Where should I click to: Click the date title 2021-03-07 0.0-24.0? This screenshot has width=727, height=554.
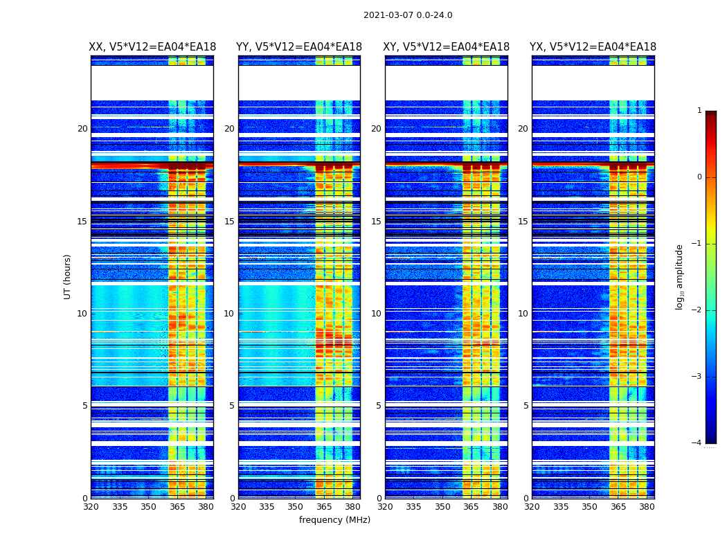pyautogui.click(x=408, y=15)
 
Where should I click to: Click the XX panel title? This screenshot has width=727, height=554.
pyautogui.click(x=152, y=47)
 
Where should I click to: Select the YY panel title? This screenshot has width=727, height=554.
pyautogui.click(x=299, y=47)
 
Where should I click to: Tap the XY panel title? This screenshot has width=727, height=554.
pyautogui.click(x=447, y=47)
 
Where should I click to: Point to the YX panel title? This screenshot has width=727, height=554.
pyautogui.click(x=593, y=47)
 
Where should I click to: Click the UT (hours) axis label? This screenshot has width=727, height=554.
pyautogui.click(x=68, y=276)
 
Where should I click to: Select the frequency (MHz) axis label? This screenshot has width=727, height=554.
pyautogui.click(x=334, y=520)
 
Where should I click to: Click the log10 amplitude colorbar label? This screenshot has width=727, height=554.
pyautogui.click(x=680, y=276)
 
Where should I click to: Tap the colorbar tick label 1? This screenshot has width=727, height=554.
pyautogui.click(x=699, y=111)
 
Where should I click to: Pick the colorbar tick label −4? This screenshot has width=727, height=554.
pyautogui.click(x=697, y=443)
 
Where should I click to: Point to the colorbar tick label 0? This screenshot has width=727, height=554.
pyautogui.click(x=699, y=177)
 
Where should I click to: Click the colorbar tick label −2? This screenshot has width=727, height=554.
pyautogui.click(x=697, y=310)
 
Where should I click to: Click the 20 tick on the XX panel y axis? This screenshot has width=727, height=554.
pyautogui.click(x=82, y=129)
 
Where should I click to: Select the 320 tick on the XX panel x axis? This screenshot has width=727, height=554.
pyautogui.click(x=91, y=507)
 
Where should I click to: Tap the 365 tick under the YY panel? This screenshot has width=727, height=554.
pyautogui.click(x=324, y=507)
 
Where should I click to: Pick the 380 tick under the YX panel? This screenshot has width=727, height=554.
pyautogui.click(x=647, y=507)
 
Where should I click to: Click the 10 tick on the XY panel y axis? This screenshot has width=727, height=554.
pyautogui.click(x=376, y=314)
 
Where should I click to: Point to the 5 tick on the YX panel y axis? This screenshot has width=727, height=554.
pyautogui.click(x=526, y=406)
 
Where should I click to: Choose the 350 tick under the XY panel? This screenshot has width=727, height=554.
pyautogui.click(x=442, y=507)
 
